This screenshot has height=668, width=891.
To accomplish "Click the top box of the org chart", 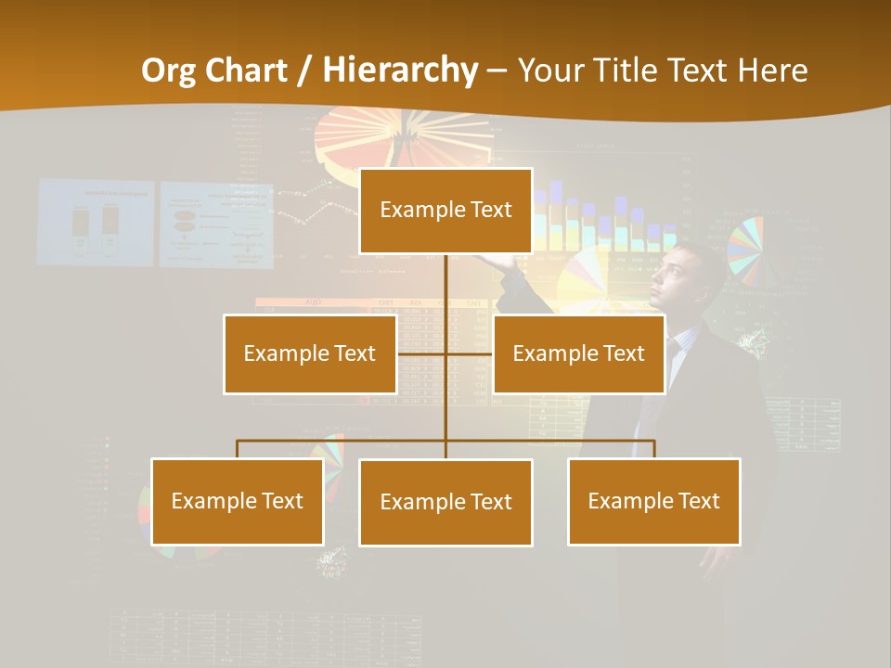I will (445, 211).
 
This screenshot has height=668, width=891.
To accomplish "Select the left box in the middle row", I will (310, 353).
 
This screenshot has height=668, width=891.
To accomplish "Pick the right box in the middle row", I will (578, 353).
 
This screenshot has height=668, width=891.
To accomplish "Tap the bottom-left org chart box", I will (238, 501).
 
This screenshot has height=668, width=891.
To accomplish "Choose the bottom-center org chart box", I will (445, 502).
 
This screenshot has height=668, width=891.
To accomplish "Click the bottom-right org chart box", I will (653, 501).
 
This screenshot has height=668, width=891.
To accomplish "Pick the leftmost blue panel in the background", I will (95, 223).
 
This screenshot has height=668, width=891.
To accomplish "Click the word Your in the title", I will (554, 70).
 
